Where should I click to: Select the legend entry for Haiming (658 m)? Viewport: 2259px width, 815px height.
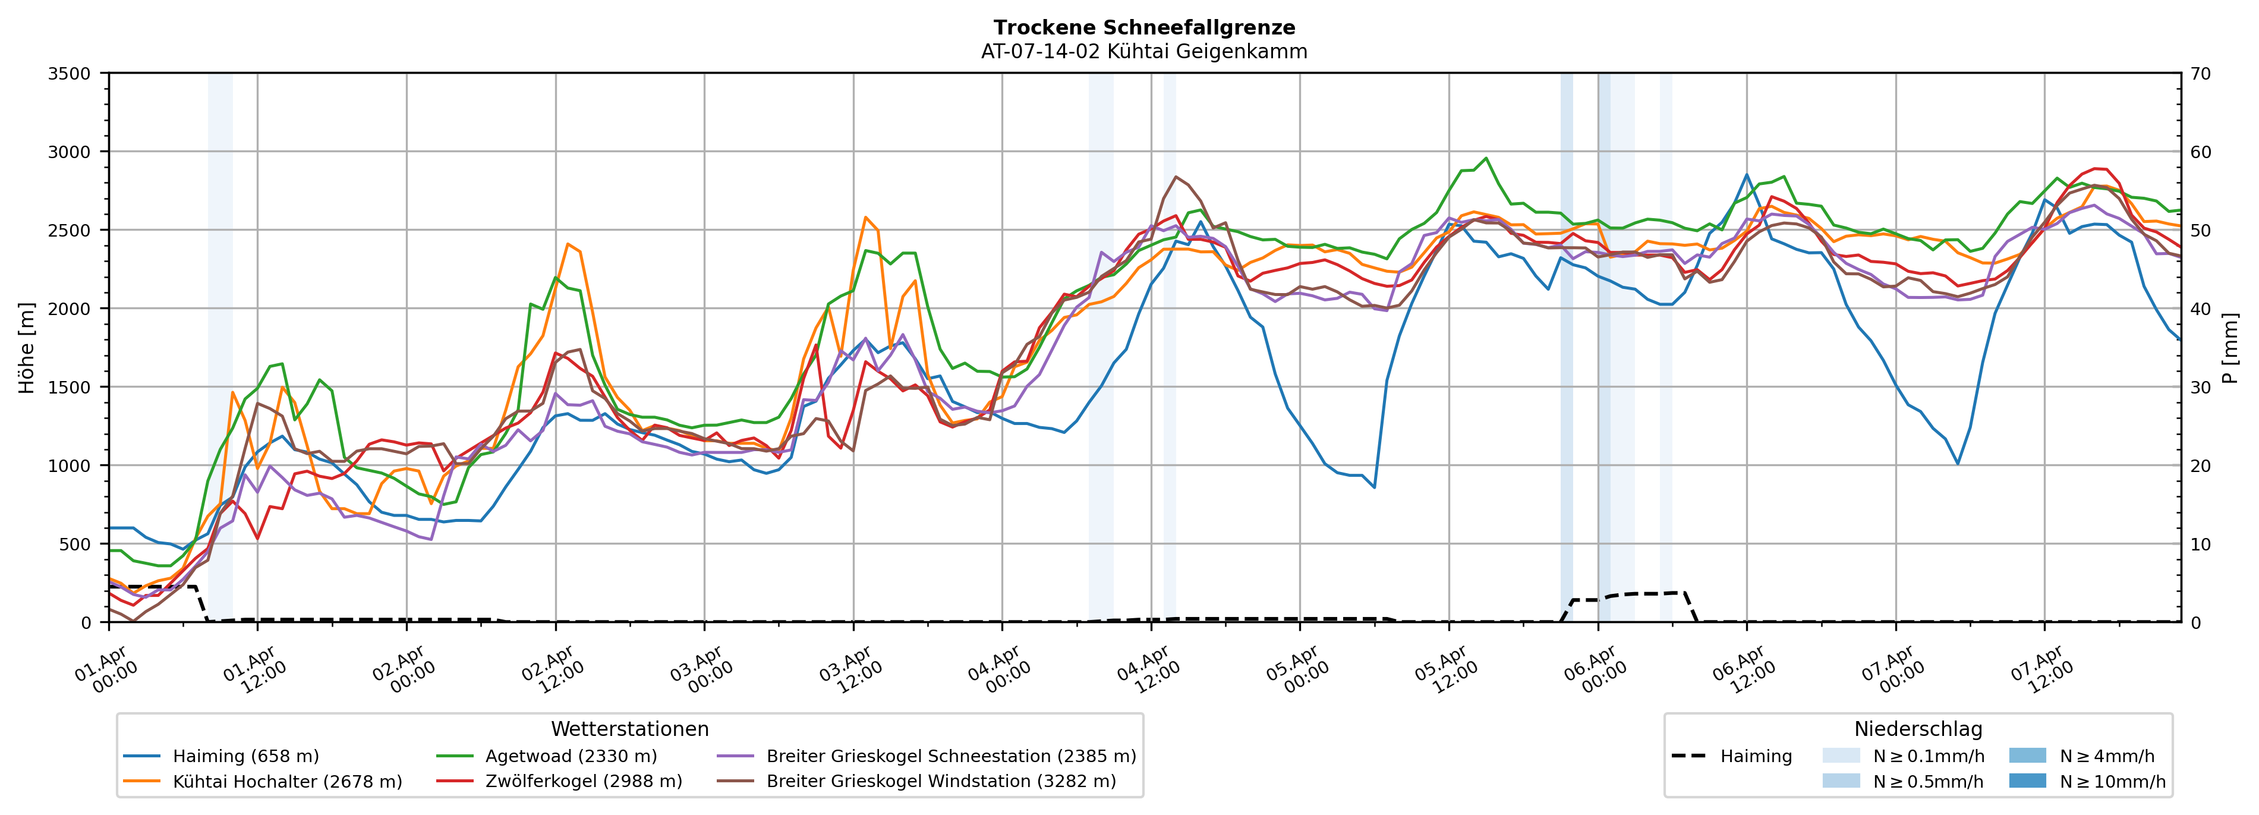(x=245, y=756)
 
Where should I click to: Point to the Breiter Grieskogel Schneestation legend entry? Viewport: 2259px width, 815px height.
(x=950, y=756)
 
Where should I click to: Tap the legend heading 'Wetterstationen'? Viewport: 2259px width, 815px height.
(x=629, y=729)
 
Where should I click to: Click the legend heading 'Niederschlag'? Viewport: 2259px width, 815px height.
(x=1918, y=729)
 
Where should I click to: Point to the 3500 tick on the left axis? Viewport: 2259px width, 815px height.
(x=70, y=74)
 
